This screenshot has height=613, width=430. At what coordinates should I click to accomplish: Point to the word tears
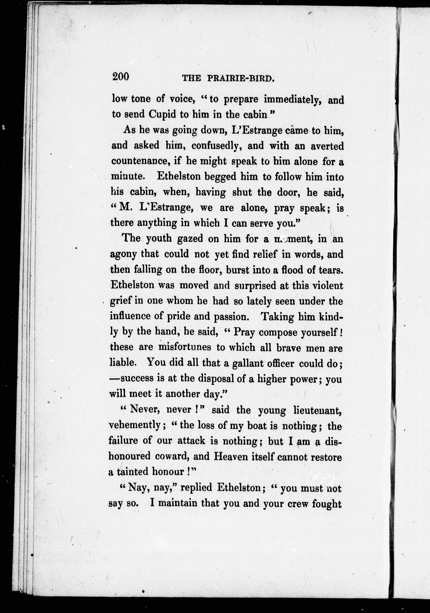click(330, 270)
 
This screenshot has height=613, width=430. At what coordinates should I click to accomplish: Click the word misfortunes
click(185, 347)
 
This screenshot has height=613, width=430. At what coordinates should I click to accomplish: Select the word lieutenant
click(317, 410)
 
